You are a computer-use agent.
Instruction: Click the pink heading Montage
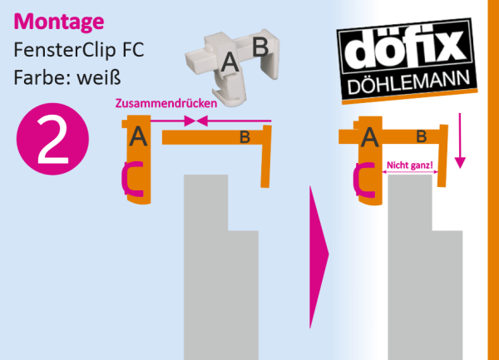point(59,22)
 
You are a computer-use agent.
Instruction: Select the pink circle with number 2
point(52,139)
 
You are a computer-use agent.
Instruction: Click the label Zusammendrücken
point(166,104)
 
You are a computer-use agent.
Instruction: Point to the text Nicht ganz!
point(409,165)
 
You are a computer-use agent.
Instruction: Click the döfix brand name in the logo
point(405,50)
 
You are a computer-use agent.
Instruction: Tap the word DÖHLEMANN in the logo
point(408,82)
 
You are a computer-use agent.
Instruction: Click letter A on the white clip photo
point(230,62)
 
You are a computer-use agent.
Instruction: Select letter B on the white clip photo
point(260,47)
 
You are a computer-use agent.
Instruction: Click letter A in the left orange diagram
point(138,136)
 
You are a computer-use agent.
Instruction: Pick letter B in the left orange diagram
point(245,138)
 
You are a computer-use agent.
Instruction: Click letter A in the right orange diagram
point(369,137)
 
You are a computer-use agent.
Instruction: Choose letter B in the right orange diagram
point(422,136)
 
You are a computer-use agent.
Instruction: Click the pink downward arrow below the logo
point(460,141)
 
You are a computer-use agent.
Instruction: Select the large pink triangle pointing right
point(319,257)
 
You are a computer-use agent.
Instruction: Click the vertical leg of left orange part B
point(266,156)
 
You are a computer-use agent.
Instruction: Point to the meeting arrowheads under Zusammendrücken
point(196,121)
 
